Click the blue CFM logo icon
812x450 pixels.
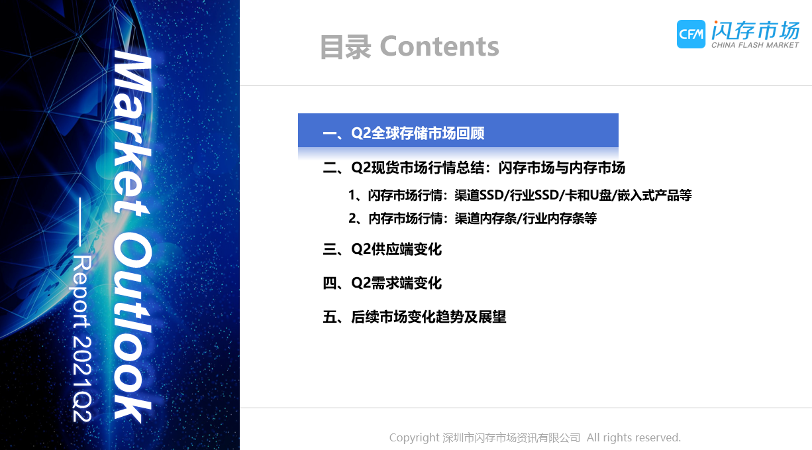(x=691, y=34)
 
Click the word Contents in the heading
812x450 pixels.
(x=439, y=46)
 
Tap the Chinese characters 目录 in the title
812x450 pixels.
(x=346, y=47)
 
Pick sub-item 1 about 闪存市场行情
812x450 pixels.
(x=520, y=195)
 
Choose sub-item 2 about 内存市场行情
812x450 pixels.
(x=472, y=218)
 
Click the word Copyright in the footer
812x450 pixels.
(x=415, y=437)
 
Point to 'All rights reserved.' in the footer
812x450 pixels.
(x=634, y=437)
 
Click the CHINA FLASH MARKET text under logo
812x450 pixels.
(x=755, y=45)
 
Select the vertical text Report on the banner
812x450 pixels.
(x=81, y=291)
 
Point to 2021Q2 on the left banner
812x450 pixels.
(x=81, y=378)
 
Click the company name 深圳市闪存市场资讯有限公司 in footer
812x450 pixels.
(x=511, y=437)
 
